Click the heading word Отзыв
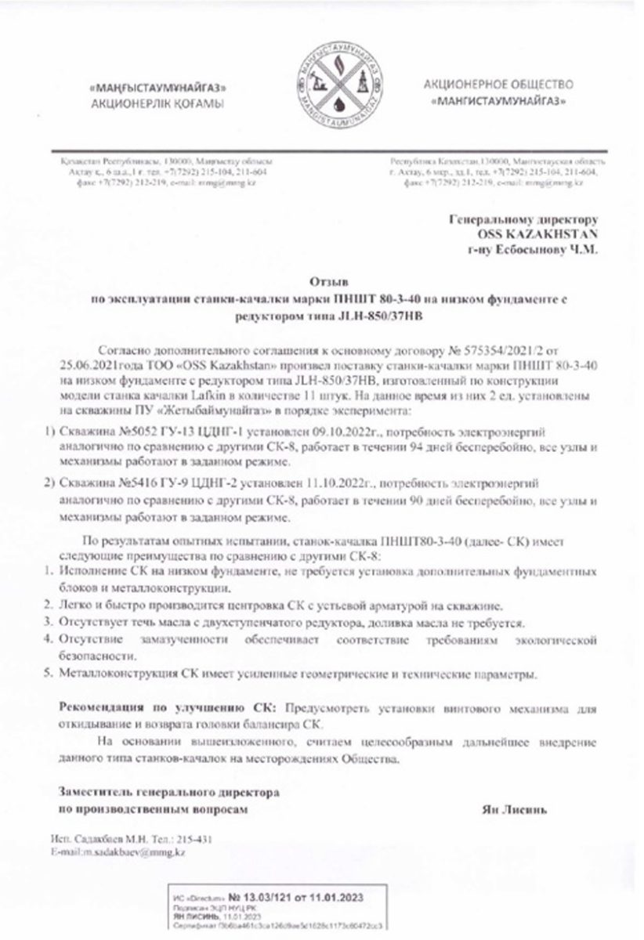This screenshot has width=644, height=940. coord(323,279)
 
